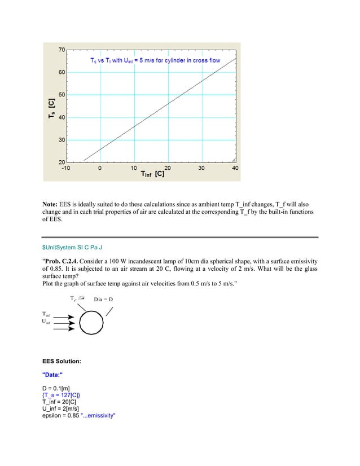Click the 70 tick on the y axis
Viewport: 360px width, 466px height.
61,50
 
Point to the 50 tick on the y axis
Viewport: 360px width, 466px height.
61,95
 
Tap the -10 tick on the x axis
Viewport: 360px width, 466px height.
66,168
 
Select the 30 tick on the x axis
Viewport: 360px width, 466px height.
201,168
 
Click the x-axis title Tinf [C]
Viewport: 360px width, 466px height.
152,175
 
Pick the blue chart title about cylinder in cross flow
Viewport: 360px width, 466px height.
155,60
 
